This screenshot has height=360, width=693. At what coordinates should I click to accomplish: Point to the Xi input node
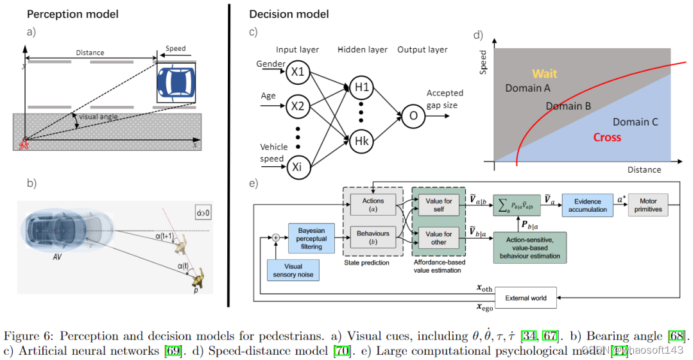pos(298,168)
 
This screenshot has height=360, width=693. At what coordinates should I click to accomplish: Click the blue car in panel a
pos(175,81)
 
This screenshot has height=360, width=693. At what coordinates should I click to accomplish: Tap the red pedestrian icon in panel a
pos(25,143)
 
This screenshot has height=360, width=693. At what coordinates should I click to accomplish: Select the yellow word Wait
pos(545,74)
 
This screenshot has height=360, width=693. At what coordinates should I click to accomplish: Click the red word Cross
pos(606,137)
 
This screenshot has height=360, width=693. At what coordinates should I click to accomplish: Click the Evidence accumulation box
pos(588,205)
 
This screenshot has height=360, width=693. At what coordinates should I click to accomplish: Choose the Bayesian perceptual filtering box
pos(312,239)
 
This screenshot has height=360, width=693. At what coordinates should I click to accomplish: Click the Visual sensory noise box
pos(293,270)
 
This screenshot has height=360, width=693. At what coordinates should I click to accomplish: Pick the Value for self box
pos(440,205)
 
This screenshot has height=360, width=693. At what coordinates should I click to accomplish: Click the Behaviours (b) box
pos(373,237)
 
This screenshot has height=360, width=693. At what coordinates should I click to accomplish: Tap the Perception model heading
pos(72,14)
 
